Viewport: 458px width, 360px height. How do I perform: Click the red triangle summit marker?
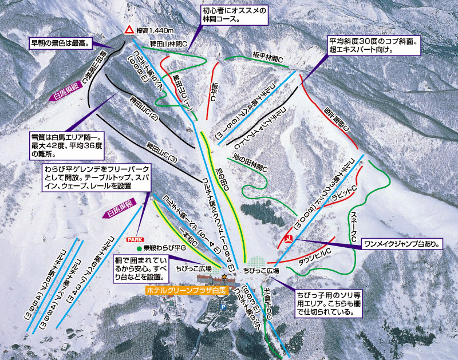129,30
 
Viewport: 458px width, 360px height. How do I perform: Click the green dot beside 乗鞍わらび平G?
139,249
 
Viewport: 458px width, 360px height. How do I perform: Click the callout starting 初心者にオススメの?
235,14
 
